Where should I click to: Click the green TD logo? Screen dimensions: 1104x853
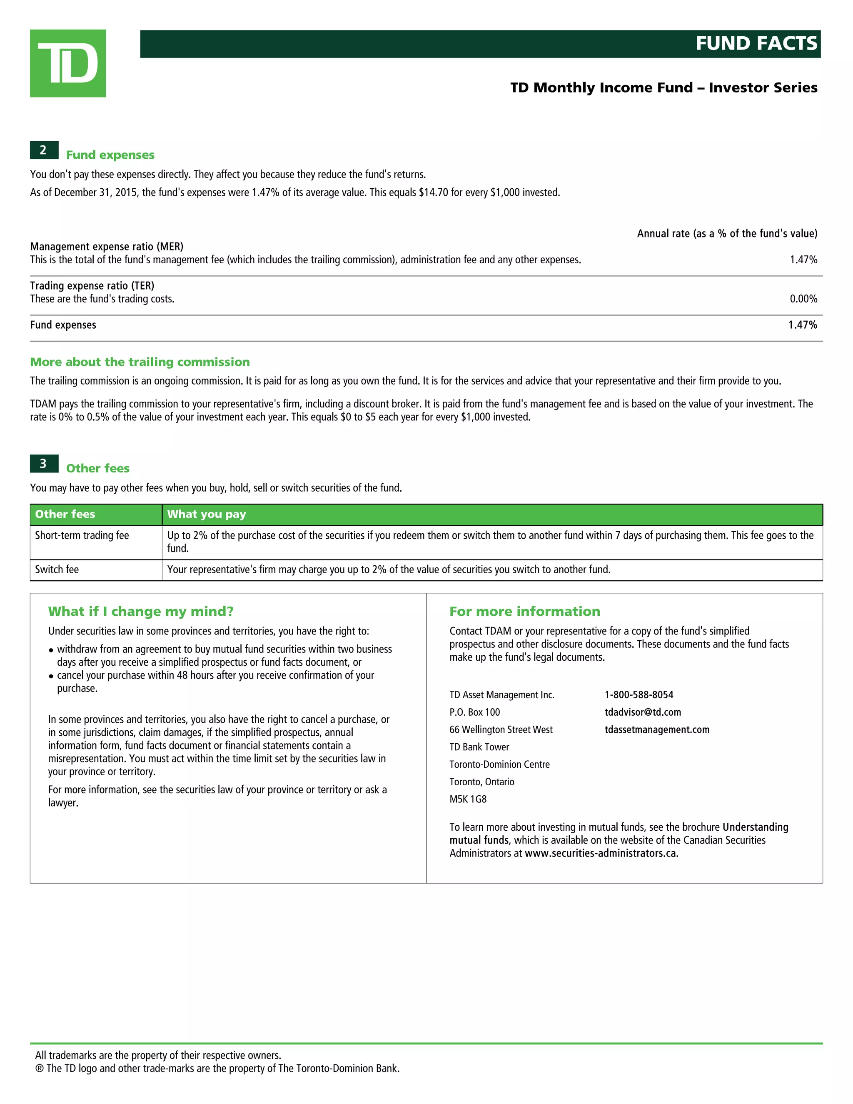(x=68, y=63)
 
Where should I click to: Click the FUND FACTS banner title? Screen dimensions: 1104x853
(x=756, y=43)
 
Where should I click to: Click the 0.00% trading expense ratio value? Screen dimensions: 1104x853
(x=803, y=299)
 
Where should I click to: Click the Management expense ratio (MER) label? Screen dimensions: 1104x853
(x=107, y=247)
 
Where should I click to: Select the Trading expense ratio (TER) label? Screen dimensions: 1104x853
(x=92, y=286)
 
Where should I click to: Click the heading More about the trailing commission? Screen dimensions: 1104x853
(x=140, y=362)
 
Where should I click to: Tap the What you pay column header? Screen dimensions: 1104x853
(x=206, y=514)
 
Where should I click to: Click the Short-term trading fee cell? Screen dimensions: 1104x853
(x=82, y=535)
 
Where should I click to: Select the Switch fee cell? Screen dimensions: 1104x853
(x=57, y=569)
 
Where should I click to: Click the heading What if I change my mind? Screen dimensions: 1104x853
(x=140, y=612)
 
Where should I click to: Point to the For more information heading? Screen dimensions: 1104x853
(x=524, y=612)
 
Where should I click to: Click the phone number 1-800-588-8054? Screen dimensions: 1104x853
(x=639, y=695)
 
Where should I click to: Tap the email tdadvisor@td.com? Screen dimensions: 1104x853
(x=642, y=712)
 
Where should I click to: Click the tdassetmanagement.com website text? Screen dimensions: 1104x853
(x=656, y=730)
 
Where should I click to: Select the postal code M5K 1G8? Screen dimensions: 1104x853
(x=468, y=799)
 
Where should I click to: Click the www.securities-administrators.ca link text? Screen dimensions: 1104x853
(x=601, y=853)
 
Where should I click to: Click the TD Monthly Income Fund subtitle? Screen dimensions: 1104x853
(x=663, y=87)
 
